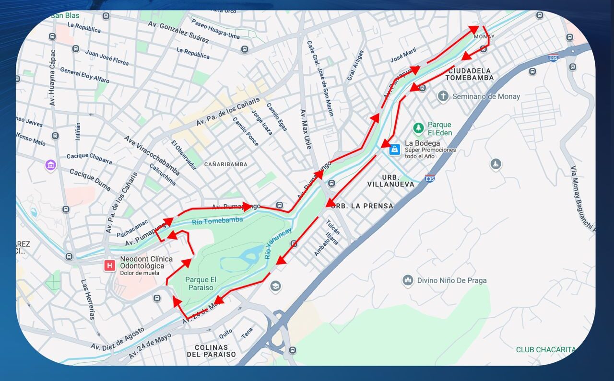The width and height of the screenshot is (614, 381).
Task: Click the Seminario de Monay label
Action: pyautogui.click(x=486, y=96)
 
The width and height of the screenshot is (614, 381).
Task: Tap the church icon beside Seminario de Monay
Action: pyautogui.click(x=443, y=96)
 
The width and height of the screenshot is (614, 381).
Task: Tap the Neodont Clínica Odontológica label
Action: pyautogui.click(x=146, y=263)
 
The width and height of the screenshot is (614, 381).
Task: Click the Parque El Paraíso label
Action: pyautogui.click(x=201, y=284)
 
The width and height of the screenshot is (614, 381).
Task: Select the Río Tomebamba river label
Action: pyautogui.click(x=217, y=220)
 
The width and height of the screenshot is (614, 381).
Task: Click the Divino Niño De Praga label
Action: pyautogui.click(x=452, y=280)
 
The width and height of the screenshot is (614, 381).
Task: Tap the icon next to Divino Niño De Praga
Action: pyautogui.click(x=408, y=280)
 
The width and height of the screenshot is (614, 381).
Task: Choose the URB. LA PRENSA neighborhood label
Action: pyautogui.click(x=363, y=206)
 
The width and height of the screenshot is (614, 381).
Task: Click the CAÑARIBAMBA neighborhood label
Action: pyautogui.click(x=226, y=164)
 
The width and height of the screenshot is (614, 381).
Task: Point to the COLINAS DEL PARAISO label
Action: pyautogui.click(x=211, y=350)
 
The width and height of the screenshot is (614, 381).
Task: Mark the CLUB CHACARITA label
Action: pyautogui.click(x=545, y=349)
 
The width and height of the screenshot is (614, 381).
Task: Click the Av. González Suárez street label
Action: pyautogui.click(x=178, y=32)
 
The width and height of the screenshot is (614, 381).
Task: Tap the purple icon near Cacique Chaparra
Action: pyautogui.click(x=50, y=165)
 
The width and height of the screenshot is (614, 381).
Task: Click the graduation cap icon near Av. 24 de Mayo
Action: pyautogui.click(x=275, y=287)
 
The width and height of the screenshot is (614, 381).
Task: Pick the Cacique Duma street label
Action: pyautogui.click(x=90, y=179)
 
